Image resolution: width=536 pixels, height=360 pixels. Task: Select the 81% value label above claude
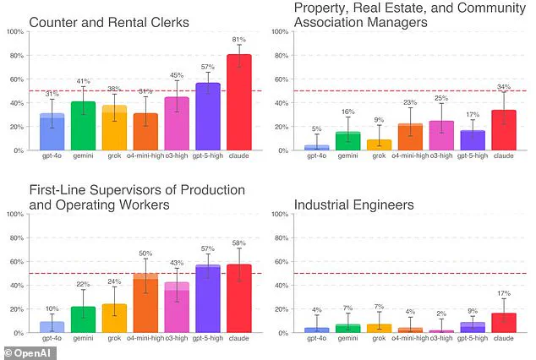pyautogui.click(x=239, y=39)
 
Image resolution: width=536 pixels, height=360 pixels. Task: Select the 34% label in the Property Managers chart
pyautogui.click(x=504, y=86)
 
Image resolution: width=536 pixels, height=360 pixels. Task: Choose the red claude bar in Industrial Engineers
pyautogui.click(x=504, y=323)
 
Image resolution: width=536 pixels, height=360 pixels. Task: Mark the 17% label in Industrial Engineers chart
pyautogui.click(x=504, y=292)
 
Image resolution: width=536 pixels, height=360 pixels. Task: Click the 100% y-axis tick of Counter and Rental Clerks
pyautogui.click(x=15, y=32)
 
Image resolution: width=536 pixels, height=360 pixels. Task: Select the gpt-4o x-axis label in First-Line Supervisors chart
pyautogui.click(x=52, y=339)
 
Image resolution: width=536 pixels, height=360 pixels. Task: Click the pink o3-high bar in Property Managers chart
pyautogui.click(x=441, y=136)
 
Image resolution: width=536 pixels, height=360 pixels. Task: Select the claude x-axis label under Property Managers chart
pyautogui.click(x=504, y=157)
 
